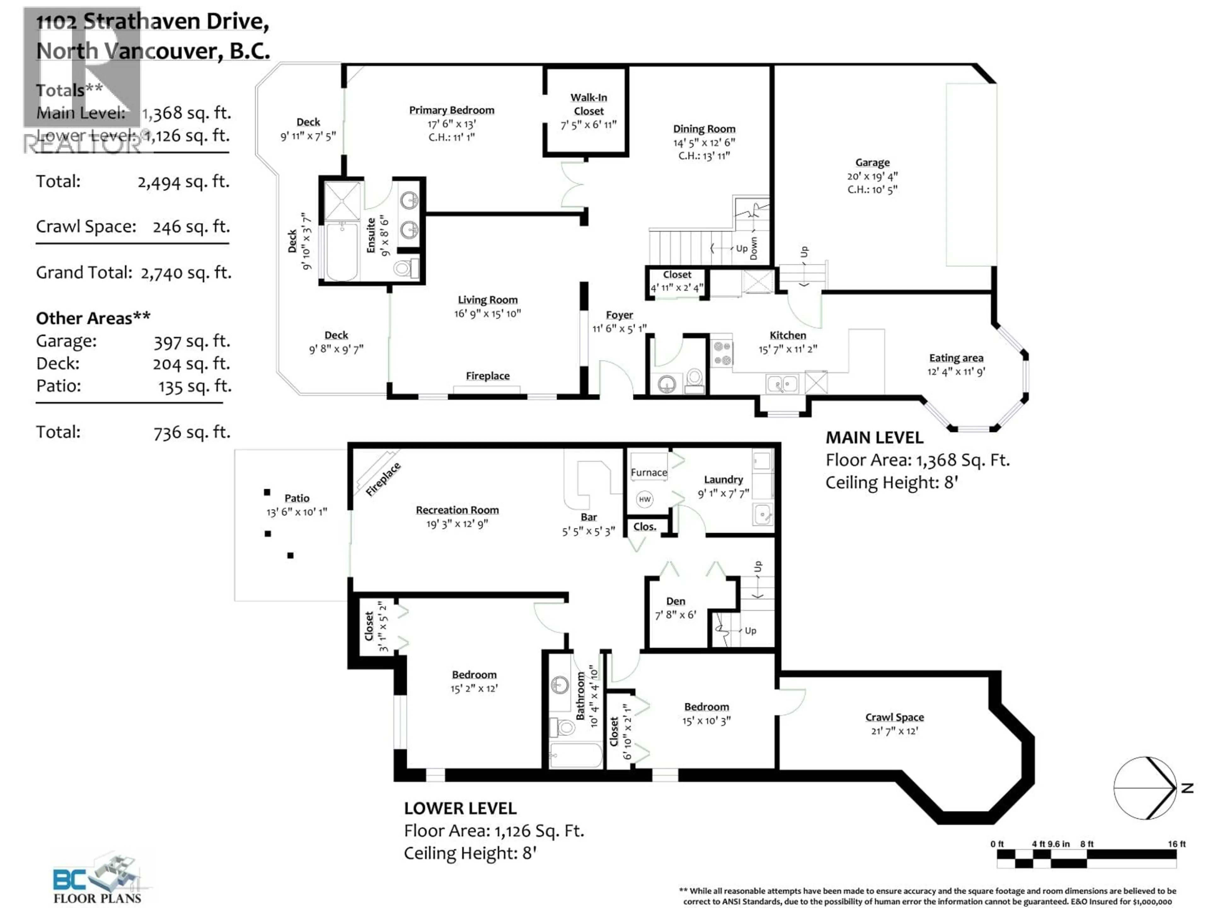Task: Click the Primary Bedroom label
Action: tap(451, 110)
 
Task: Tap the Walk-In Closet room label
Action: tap(589, 104)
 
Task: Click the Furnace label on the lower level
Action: tap(649, 472)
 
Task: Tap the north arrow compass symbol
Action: tap(1145, 788)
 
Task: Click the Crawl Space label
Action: tap(894, 717)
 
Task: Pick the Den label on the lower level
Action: tap(676, 601)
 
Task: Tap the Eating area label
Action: tap(956, 358)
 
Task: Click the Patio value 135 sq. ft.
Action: tap(195, 387)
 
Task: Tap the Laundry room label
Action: tap(723, 480)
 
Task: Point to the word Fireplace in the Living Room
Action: tap(487, 376)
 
